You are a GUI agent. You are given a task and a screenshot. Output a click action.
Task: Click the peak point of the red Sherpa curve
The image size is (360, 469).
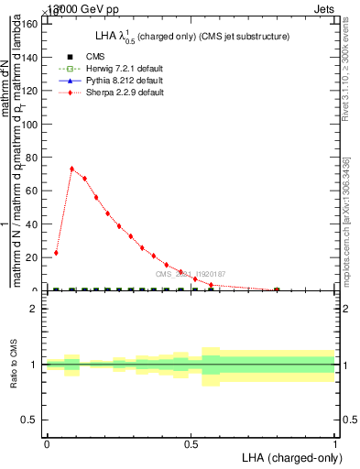pyautogui.click(x=72, y=169)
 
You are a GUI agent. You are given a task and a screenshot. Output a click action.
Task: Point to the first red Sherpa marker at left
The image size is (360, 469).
pyautogui.click(x=56, y=253)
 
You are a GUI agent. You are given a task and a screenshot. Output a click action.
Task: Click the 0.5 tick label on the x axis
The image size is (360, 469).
pyautogui.click(x=191, y=443)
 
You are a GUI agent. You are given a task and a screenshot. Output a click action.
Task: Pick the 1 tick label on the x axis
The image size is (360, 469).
pyautogui.click(x=335, y=443)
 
